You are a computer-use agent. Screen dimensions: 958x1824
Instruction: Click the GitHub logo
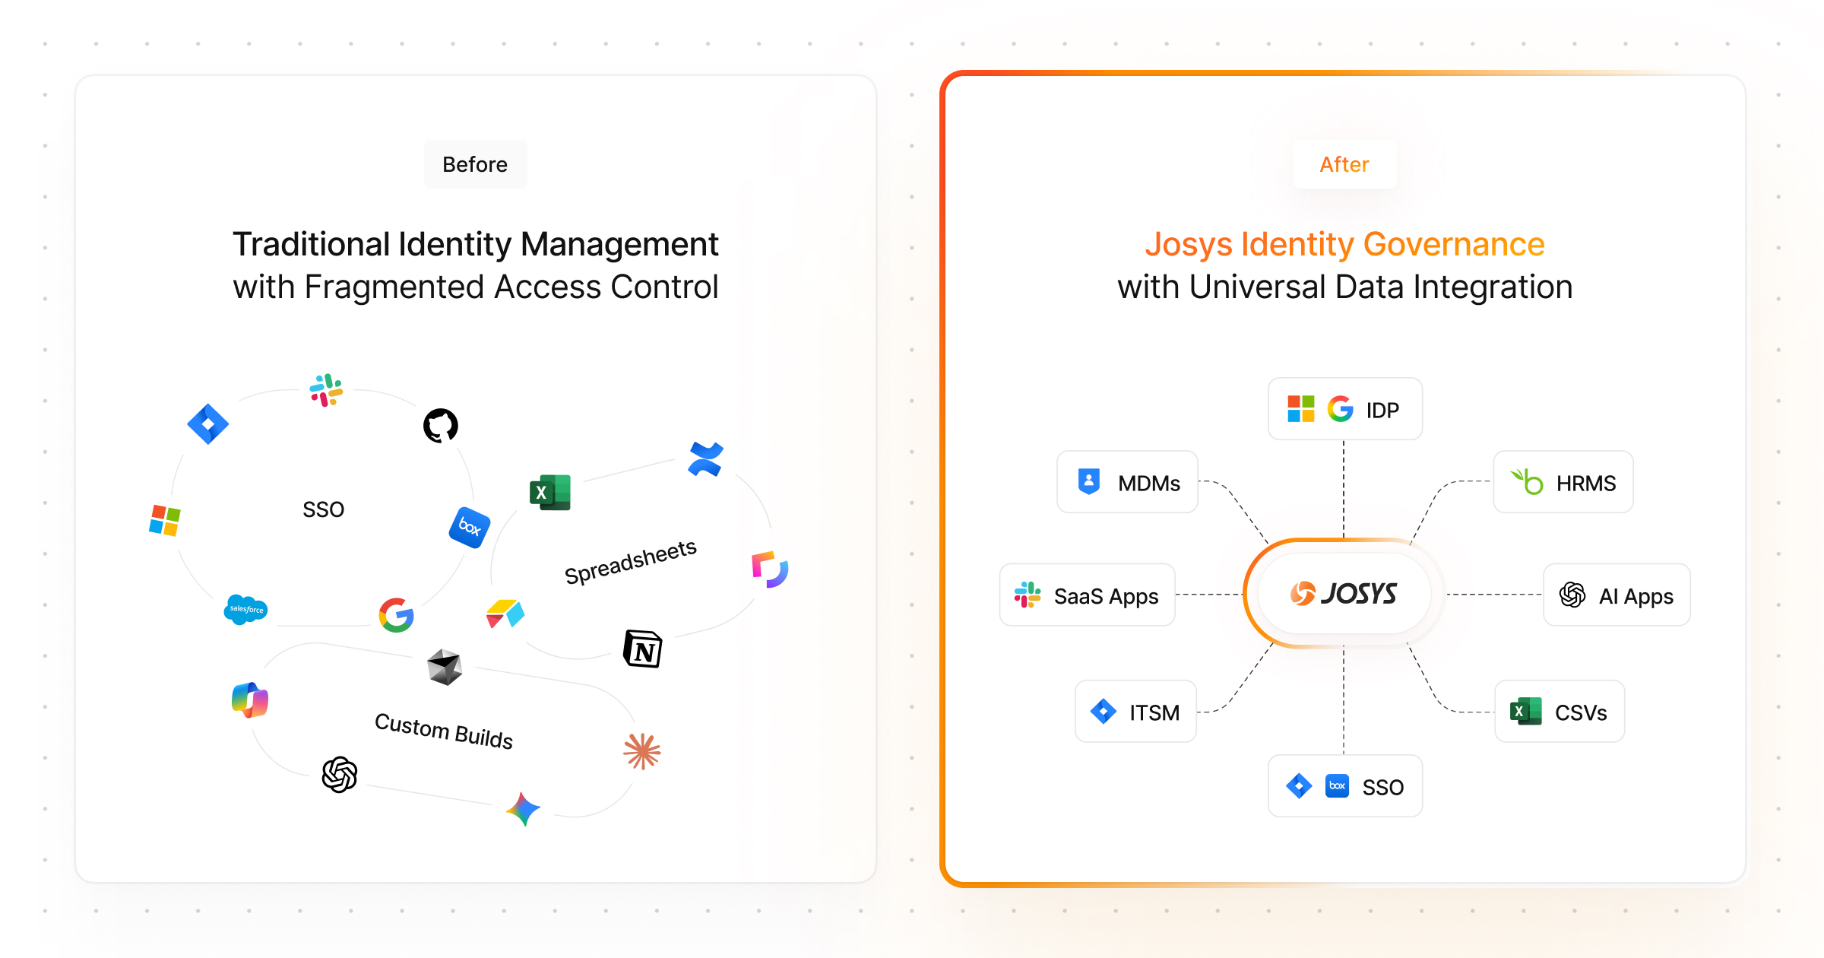(441, 425)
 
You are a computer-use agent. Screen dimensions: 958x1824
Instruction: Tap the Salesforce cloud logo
(245, 609)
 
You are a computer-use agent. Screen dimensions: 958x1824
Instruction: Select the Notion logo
(643, 649)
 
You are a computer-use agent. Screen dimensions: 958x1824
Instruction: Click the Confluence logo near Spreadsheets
(705, 459)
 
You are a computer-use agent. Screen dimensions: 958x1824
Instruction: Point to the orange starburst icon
(642, 751)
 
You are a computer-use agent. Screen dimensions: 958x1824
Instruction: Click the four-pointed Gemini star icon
(523, 809)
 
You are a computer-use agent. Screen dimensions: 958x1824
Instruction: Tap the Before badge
(475, 164)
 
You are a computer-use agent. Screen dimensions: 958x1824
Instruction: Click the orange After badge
(1344, 164)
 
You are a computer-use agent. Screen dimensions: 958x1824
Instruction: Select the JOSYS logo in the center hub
(1344, 593)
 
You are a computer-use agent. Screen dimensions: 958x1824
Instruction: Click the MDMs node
(1128, 482)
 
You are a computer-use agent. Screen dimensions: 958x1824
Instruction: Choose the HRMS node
(1563, 482)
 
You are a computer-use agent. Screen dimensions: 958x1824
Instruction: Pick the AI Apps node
(1617, 595)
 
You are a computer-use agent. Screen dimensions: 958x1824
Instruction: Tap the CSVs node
(1560, 712)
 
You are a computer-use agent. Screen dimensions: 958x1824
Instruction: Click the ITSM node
(1135, 712)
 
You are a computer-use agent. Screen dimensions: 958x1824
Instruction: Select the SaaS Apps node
(1088, 595)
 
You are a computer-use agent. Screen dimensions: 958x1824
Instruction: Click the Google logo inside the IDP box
(1340, 409)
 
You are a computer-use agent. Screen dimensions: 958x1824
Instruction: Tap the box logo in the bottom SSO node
(1337, 785)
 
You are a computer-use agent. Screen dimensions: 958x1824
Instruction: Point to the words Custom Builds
(444, 731)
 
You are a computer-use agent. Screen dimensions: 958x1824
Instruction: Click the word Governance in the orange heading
(1454, 245)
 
